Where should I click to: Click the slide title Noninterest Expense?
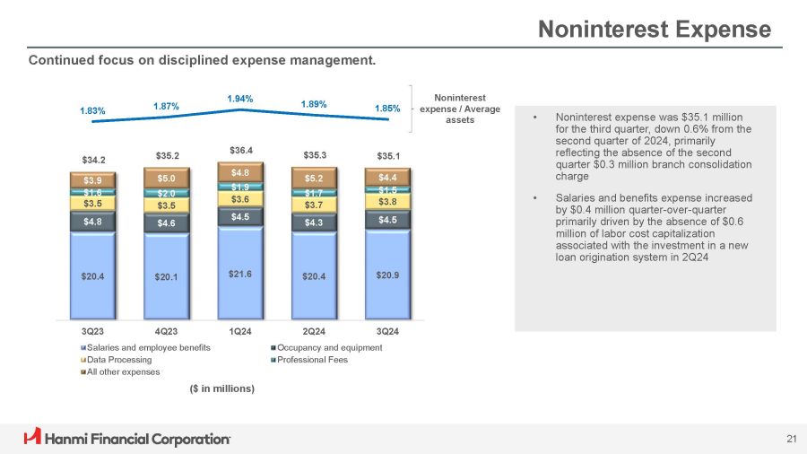click(x=654, y=30)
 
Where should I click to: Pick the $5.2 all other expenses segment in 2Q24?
click(x=314, y=179)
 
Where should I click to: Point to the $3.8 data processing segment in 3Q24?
click(x=387, y=202)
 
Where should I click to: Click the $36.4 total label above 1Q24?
click(x=240, y=151)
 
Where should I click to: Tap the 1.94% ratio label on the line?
click(x=240, y=99)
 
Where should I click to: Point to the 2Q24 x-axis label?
click(x=314, y=331)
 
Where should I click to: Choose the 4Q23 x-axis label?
click(x=167, y=331)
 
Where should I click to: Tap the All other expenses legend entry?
click(x=123, y=371)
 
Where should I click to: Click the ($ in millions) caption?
click(x=221, y=389)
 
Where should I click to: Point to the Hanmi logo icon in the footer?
click(x=33, y=438)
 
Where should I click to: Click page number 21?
click(x=791, y=439)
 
